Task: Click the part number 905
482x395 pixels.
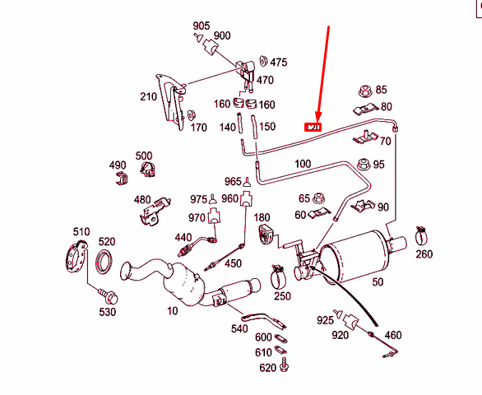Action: [x=202, y=26]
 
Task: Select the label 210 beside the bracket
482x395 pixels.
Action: [x=148, y=97]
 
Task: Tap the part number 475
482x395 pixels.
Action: [x=279, y=63]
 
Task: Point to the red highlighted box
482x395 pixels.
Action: [x=313, y=128]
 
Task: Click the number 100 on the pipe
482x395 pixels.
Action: [x=302, y=165]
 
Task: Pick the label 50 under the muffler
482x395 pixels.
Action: [x=378, y=282]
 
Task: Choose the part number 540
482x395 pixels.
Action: [x=239, y=329]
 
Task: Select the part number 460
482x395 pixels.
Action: [x=393, y=335]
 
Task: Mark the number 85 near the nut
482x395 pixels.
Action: [x=380, y=89]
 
